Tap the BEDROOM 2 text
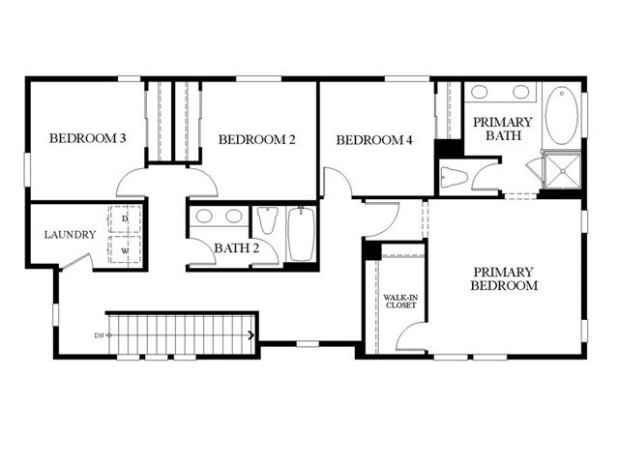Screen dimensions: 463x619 tap(256, 140)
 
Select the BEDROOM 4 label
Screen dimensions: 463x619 tap(374, 141)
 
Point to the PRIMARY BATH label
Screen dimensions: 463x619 tap(502, 129)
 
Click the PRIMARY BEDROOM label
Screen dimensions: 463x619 tap(503, 278)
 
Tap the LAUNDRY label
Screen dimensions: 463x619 tap(70, 235)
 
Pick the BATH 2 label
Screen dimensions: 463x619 tap(237, 248)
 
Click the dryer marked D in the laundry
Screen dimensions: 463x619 tap(125, 219)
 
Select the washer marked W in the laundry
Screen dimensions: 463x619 tap(125, 249)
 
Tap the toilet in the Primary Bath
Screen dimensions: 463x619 tap(455, 176)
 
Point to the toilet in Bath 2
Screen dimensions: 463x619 tap(268, 222)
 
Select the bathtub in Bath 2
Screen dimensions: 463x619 tap(301, 233)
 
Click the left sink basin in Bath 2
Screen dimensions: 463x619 tap(205, 216)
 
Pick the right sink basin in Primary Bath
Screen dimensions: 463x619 tap(521, 93)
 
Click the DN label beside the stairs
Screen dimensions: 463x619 tap(99, 335)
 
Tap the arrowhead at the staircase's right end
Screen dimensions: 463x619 tap(251, 335)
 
